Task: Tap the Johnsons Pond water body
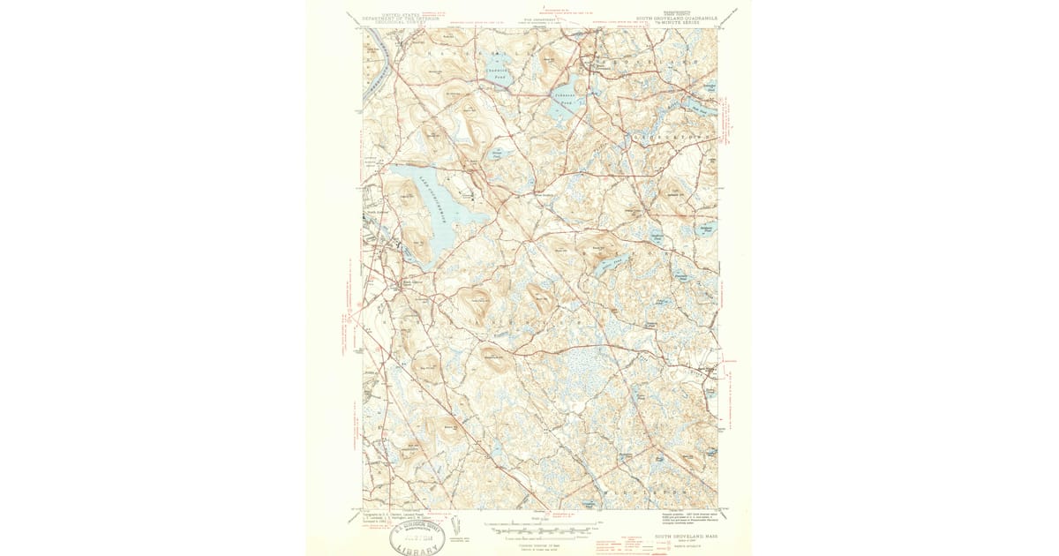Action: (562, 108)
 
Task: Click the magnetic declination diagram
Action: (455, 526)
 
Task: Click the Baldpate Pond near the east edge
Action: (707, 228)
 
